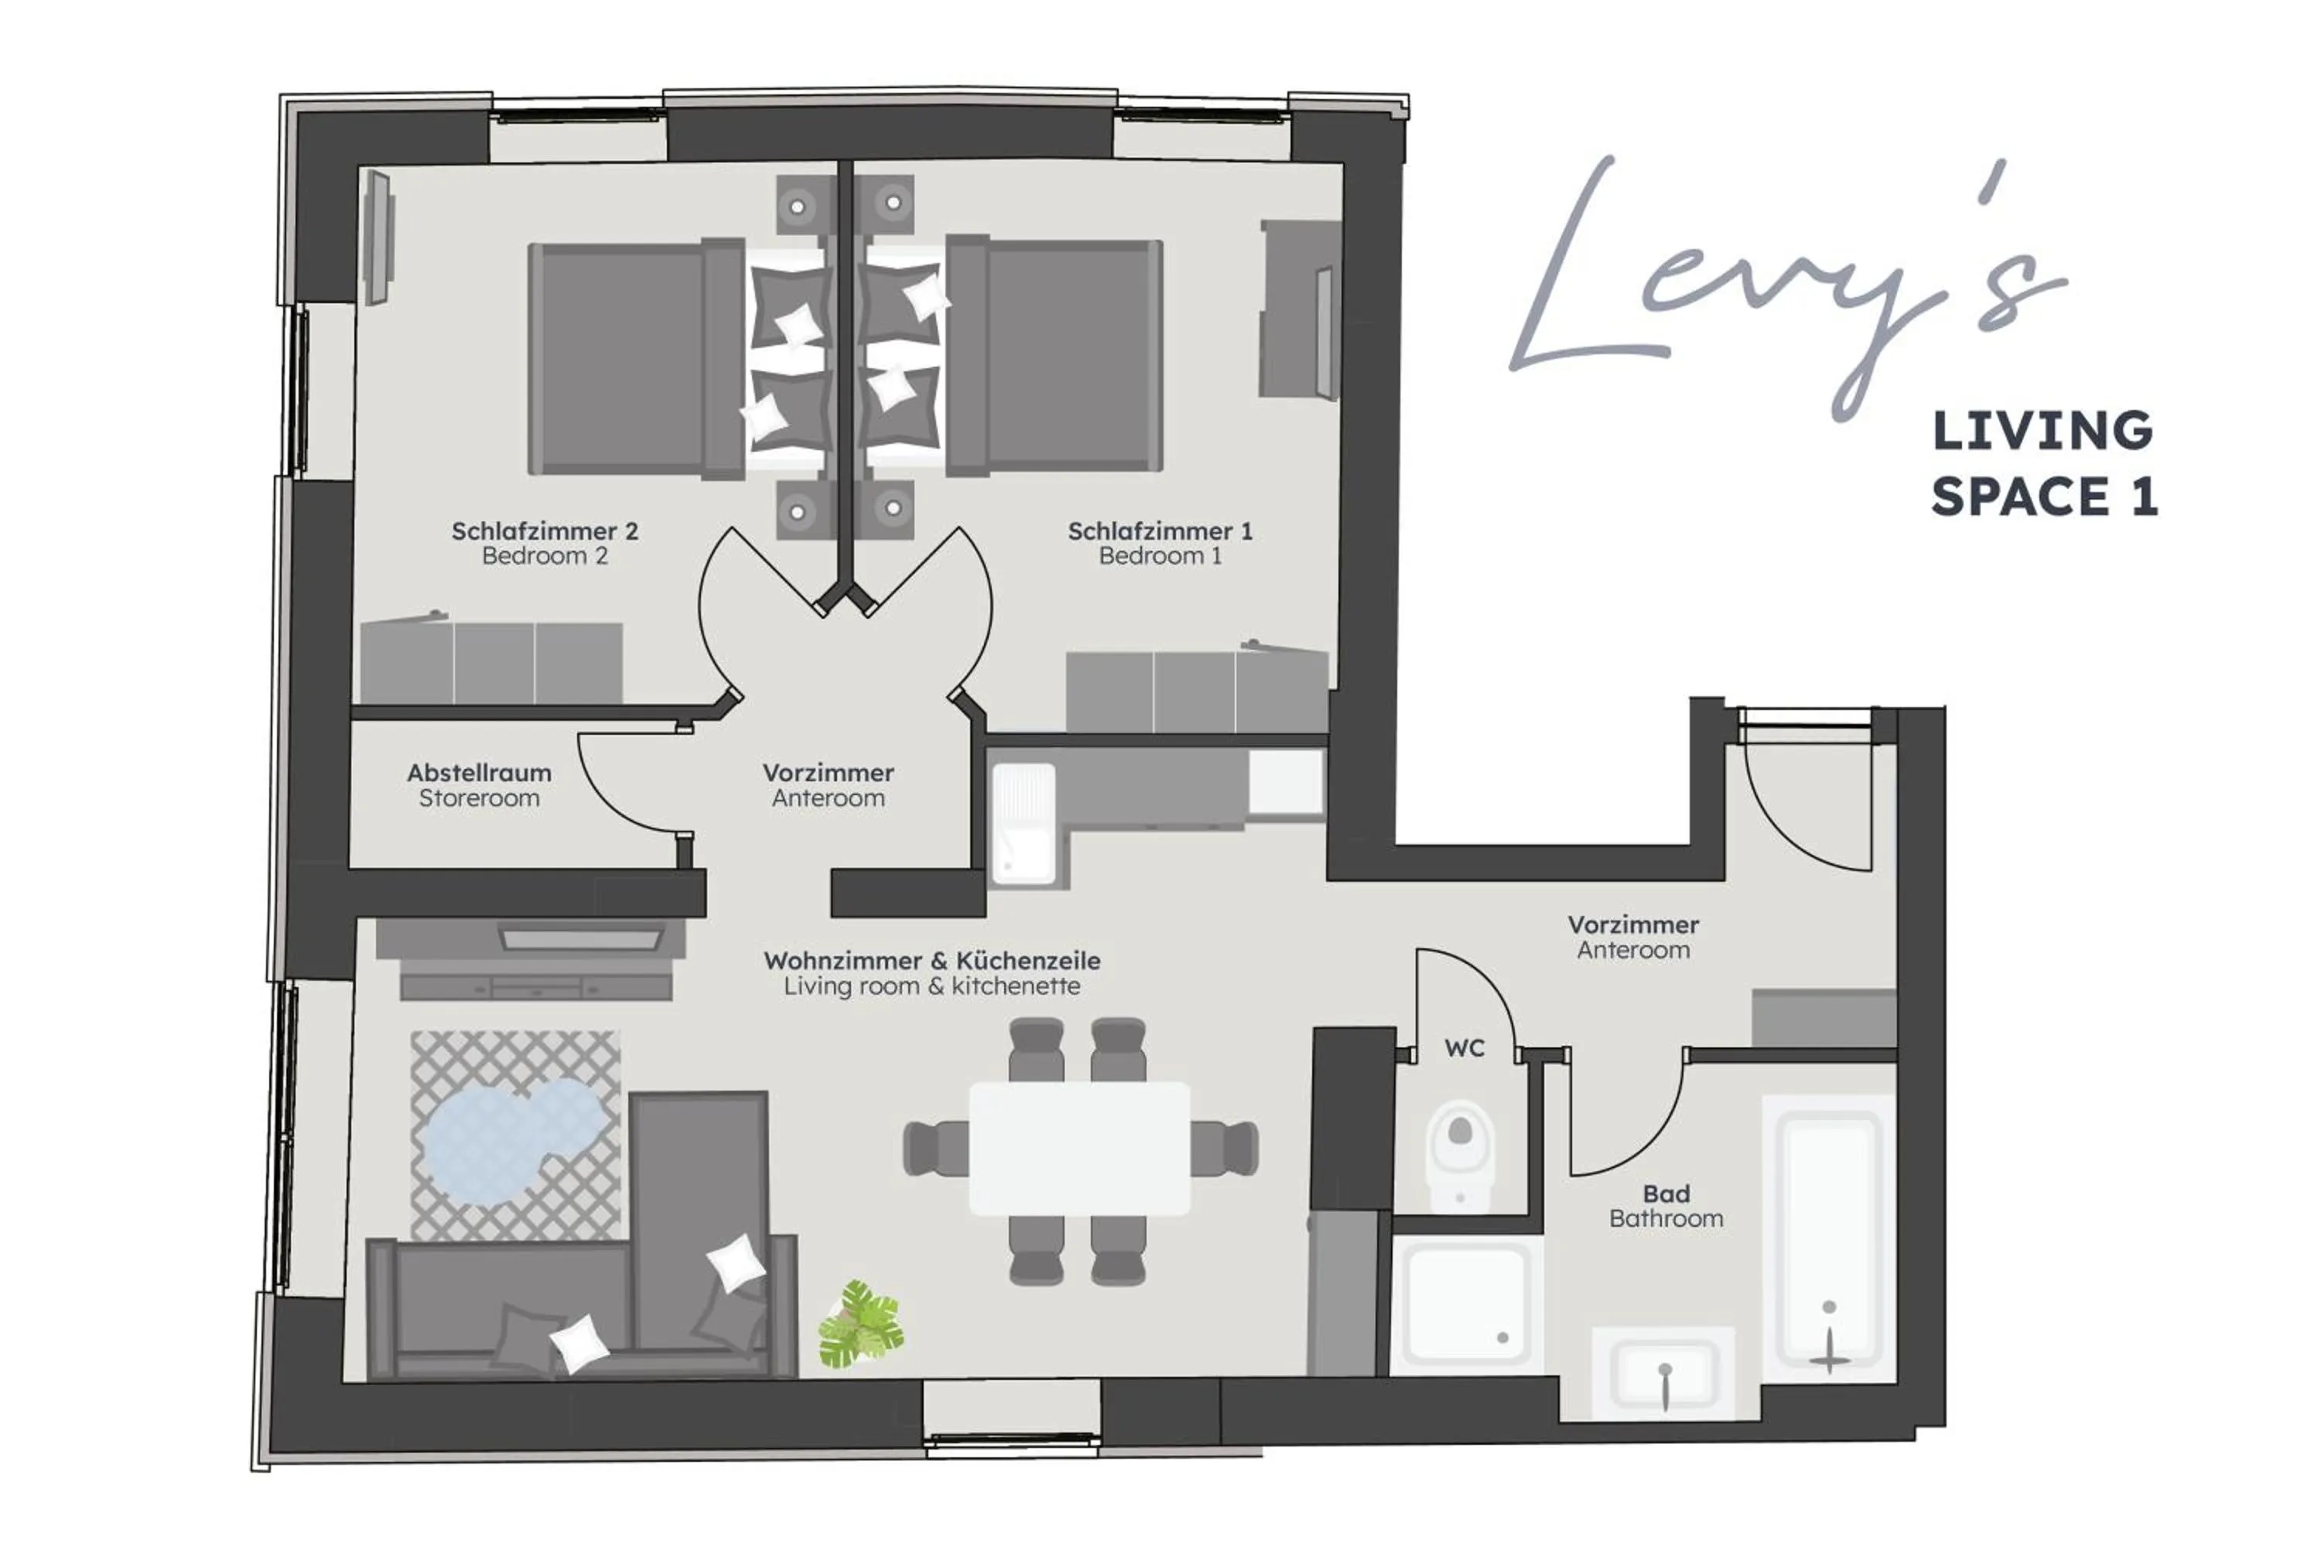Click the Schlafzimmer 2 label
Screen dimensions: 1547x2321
click(x=545, y=543)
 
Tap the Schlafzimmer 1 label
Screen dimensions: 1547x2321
click(x=1160, y=543)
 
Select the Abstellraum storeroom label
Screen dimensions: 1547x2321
click(x=479, y=784)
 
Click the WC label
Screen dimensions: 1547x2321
click(x=1465, y=1048)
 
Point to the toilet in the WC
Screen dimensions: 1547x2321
click(x=1461, y=1149)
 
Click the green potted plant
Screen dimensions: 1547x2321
click(x=860, y=1324)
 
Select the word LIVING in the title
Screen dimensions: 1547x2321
click(x=2042, y=431)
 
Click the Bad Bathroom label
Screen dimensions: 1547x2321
click(x=1666, y=1206)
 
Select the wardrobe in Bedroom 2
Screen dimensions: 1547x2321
click(x=491, y=663)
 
